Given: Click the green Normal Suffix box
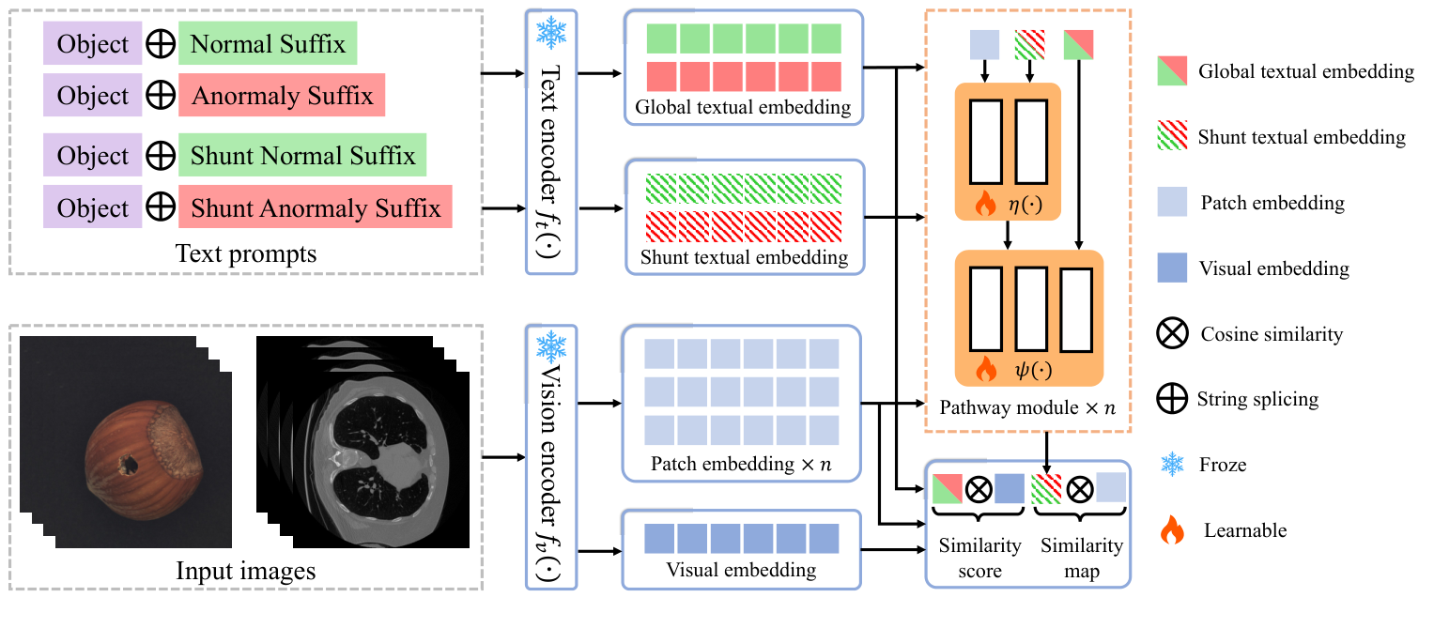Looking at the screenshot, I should (x=268, y=45).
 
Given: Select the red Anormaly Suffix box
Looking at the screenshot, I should (x=282, y=96).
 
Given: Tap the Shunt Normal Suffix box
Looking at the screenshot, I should (x=302, y=156).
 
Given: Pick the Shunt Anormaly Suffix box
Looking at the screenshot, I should (x=315, y=207).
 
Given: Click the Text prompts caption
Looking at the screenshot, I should (x=245, y=253).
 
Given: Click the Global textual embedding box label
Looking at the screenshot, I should (x=743, y=107).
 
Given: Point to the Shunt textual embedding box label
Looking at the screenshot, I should (x=743, y=256).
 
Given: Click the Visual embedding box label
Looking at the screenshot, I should (x=741, y=569).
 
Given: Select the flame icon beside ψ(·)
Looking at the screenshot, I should (x=986, y=370).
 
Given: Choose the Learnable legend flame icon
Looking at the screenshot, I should (x=1173, y=531).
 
